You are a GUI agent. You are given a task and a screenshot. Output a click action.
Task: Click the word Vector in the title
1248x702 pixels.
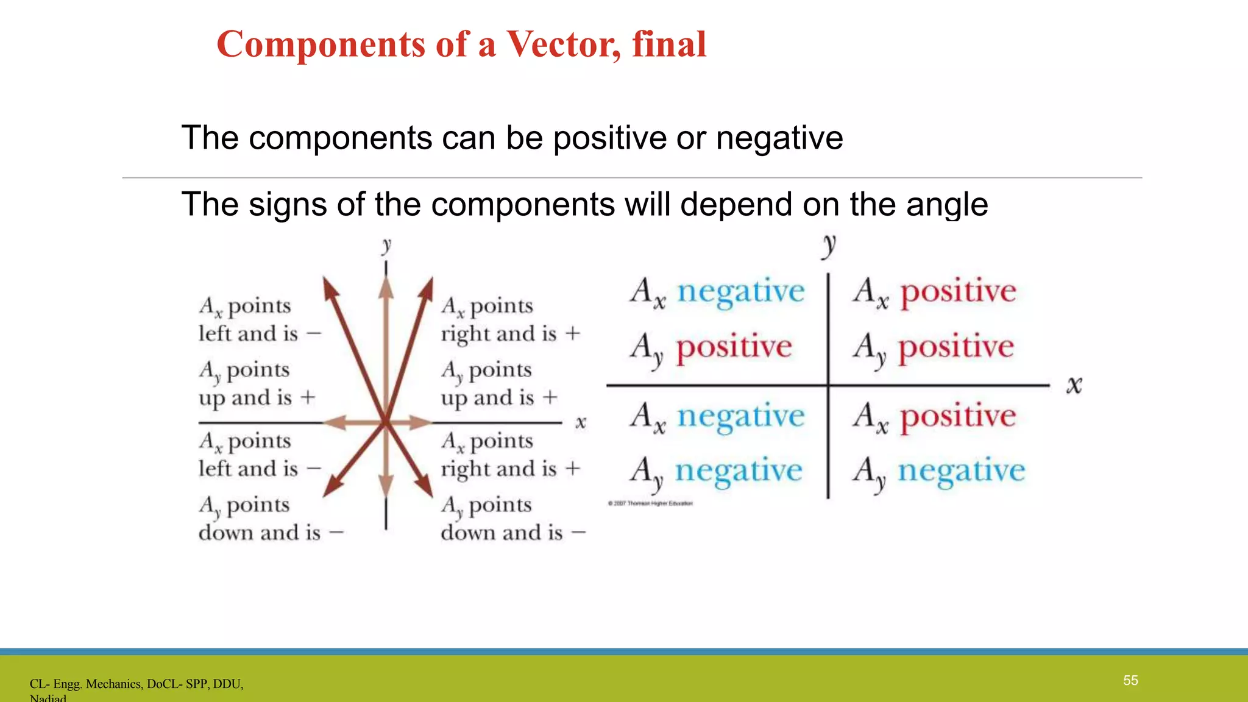564,44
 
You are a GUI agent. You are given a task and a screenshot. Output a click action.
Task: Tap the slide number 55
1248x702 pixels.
1130,681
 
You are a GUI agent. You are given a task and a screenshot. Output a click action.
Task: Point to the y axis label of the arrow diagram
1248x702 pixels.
386,246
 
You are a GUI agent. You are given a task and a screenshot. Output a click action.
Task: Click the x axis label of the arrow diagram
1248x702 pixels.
581,422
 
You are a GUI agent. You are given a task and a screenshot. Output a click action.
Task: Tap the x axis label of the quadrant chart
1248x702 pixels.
1074,385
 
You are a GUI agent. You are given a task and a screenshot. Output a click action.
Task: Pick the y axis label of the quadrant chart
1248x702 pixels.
828,246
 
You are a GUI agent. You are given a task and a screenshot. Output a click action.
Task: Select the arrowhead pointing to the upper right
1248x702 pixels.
427,288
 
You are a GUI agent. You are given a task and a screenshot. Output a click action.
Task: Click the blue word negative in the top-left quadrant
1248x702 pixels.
740,292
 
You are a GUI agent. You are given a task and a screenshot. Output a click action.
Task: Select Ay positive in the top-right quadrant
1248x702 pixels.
934,347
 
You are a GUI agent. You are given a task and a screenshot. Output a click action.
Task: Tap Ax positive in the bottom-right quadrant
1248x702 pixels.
934,417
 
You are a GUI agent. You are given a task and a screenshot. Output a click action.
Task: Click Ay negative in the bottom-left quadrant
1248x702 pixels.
716,472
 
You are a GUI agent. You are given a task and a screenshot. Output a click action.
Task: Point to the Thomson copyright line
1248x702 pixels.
650,503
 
